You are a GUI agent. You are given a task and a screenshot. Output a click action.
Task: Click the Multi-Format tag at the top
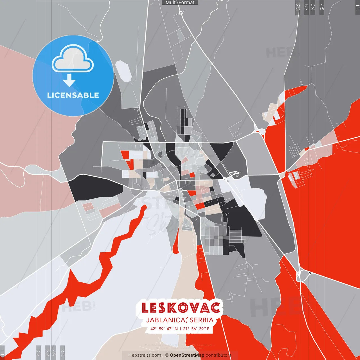pos(180,3)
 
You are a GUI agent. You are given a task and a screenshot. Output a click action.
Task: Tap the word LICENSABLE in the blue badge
pos(73,95)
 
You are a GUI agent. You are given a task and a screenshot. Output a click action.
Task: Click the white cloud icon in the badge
pos(73,59)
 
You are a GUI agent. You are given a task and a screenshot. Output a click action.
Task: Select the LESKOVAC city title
pos(181,308)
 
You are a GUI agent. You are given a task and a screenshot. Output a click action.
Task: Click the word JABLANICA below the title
pos(166,320)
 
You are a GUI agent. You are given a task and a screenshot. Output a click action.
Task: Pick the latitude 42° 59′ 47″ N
pos(164,328)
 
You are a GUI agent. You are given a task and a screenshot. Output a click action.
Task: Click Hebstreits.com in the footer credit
pos(145,355)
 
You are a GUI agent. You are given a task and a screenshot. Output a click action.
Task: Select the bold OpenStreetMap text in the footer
pos(187,355)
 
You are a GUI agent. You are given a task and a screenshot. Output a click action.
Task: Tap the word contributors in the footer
pos(218,355)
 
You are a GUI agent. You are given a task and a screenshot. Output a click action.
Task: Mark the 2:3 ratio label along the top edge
pos(297,7)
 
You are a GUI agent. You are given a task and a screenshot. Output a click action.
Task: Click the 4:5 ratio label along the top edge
pos(322,7)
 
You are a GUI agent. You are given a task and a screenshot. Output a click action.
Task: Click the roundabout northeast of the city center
pos(261,131)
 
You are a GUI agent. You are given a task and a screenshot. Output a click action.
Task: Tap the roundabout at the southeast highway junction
pos(302,276)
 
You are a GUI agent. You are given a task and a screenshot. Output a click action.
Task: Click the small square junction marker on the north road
pos(181,13)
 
